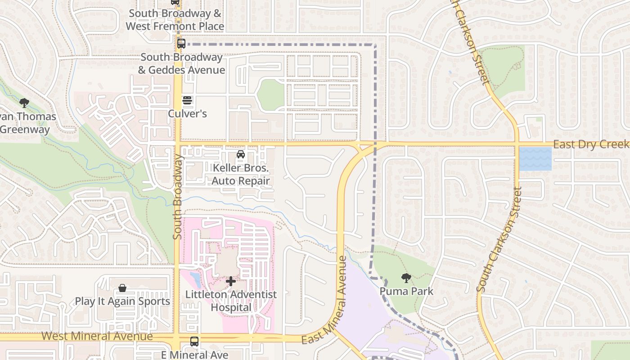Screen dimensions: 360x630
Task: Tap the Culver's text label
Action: [x=187, y=113]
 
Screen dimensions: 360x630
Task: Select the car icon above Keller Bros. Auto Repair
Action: [x=241, y=155]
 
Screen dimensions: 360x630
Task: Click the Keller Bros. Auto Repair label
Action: [x=241, y=175]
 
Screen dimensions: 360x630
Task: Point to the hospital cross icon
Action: [x=231, y=282]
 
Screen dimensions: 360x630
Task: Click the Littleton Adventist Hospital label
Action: [x=231, y=301]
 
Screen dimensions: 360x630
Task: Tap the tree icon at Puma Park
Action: [x=406, y=278]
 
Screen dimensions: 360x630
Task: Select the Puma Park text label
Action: [x=406, y=291]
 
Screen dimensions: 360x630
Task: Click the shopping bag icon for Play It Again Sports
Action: [x=122, y=288]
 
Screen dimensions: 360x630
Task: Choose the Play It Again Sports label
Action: [x=122, y=301]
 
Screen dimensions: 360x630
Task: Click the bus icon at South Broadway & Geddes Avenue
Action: [x=181, y=44]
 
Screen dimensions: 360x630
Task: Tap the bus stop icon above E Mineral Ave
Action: [x=194, y=341]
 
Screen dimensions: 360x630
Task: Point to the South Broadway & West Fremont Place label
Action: [x=175, y=20]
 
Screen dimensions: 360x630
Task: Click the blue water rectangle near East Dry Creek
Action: [x=535, y=159]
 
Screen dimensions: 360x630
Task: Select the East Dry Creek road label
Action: [x=590, y=144]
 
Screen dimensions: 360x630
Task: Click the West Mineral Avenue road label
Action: [x=97, y=336]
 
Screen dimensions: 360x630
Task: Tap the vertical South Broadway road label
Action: [x=177, y=197]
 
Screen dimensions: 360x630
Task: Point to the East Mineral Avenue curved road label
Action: [x=325, y=300]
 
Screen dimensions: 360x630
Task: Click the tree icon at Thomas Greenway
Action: [x=24, y=103]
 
